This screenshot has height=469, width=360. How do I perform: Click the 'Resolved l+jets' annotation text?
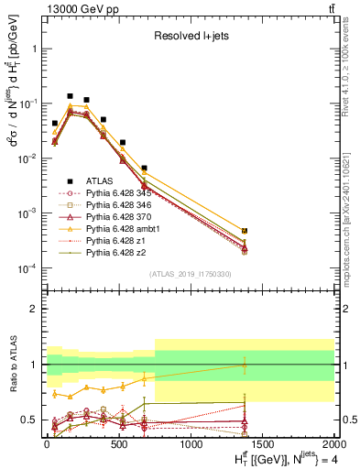click(191, 36)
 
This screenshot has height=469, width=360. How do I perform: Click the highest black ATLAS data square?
click(70, 95)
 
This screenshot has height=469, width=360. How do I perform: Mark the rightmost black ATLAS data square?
click(245, 231)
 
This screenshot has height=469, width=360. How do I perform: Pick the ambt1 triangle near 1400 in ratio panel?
click(245, 365)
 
